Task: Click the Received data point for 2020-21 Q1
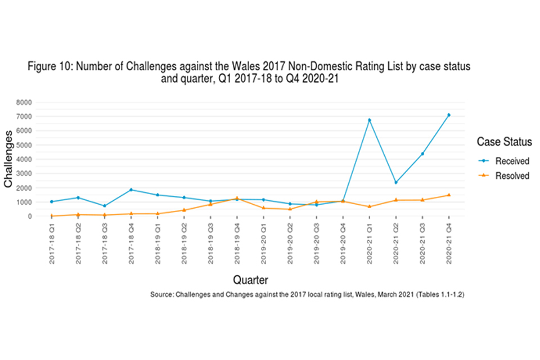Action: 370,120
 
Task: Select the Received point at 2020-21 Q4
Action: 449,115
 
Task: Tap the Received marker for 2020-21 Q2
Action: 396,182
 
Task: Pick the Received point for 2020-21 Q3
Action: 422,154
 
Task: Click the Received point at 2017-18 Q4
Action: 131,190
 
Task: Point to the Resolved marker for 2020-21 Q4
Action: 449,195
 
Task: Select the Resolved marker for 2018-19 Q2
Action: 184,210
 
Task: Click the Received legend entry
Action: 512,161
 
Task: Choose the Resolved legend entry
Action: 512,176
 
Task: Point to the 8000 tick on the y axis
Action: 25,102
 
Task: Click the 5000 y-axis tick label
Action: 25,145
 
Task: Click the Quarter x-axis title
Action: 250,280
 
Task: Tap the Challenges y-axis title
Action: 8,159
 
